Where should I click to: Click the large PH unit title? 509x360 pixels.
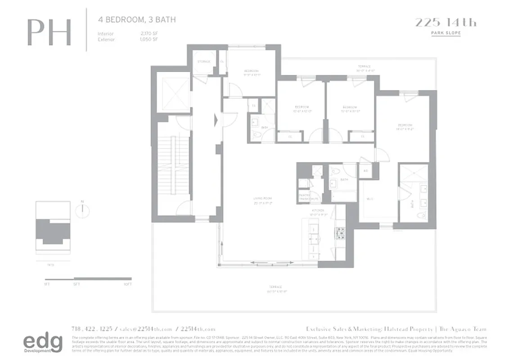pyautogui.click(x=49, y=32)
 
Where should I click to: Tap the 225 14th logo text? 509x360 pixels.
pyautogui.click(x=445, y=22)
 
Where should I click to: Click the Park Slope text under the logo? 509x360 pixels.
pyautogui.click(x=445, y=33)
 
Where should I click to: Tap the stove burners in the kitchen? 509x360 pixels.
pyautogui.click(x=339, y=232)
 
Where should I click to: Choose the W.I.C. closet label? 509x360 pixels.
pyautogui.click(x=370, y=198)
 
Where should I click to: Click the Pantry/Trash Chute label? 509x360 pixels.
pyautogui.click(x=308, y=197)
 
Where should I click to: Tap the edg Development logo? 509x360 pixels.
pyautogui.click(x=43, y=344)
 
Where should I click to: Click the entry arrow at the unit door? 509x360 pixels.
pyautogui.click(x=216, y=120)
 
